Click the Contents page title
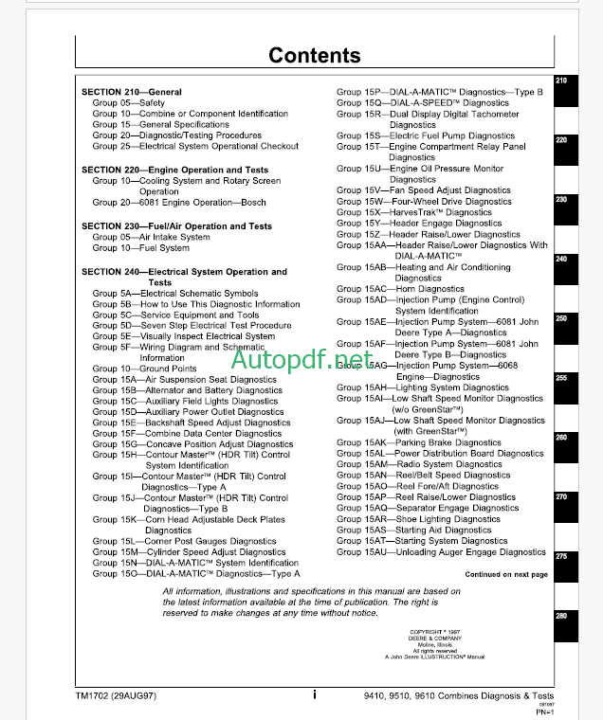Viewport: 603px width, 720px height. click(x=314, y=55)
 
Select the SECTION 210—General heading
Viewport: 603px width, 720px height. click(x=132, y=92)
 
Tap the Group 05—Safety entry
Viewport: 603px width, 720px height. click(x=128, y=103)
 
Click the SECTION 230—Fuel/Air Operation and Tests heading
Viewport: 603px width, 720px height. click(x=176, y=226)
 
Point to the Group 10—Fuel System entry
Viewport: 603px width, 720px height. click(x=140, y=248)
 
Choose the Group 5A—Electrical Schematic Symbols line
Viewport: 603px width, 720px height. click(x=174, y=294)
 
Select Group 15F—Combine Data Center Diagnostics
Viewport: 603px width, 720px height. click(x=187, y=434)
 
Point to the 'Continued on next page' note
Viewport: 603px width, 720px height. click(x=505, y=574)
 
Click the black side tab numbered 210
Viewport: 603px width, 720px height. click(x=560, y=81)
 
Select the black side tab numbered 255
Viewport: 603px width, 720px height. click(x=560, y=378)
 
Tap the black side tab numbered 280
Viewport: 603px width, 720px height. click(x=560, y=616)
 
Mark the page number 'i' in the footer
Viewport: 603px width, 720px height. click(x=314, y=694)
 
